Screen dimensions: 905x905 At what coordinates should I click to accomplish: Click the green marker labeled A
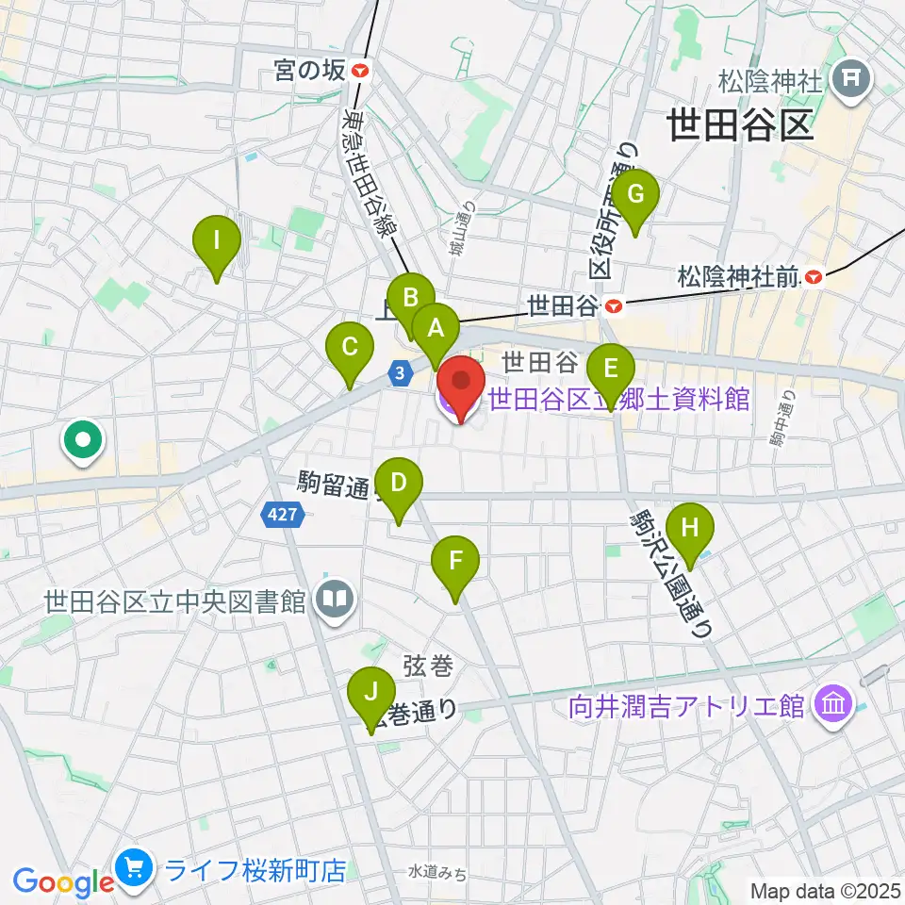click(436, 329)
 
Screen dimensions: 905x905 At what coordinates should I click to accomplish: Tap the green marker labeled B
click(411, 299)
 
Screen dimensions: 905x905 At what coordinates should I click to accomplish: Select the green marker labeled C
click(349, 348)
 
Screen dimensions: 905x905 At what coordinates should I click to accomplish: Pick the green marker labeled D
click(399, 484)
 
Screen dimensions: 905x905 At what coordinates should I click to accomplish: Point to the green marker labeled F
click(455, 563)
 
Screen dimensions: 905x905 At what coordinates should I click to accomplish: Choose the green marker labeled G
click(636, 196)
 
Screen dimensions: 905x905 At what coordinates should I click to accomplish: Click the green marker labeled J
click(372, 695)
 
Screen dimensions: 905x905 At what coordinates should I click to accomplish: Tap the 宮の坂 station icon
click(359, 71)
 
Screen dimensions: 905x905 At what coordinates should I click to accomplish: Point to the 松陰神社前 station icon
click(814, 277)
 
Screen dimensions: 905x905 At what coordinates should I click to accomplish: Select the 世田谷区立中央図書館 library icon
click(333, 599)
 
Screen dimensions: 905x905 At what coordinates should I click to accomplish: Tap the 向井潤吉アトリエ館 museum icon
click(834, 704)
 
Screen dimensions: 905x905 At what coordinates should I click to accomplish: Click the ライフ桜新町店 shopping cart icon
click(133, 868)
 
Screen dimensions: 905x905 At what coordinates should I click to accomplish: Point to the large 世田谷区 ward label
click(740, 123)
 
